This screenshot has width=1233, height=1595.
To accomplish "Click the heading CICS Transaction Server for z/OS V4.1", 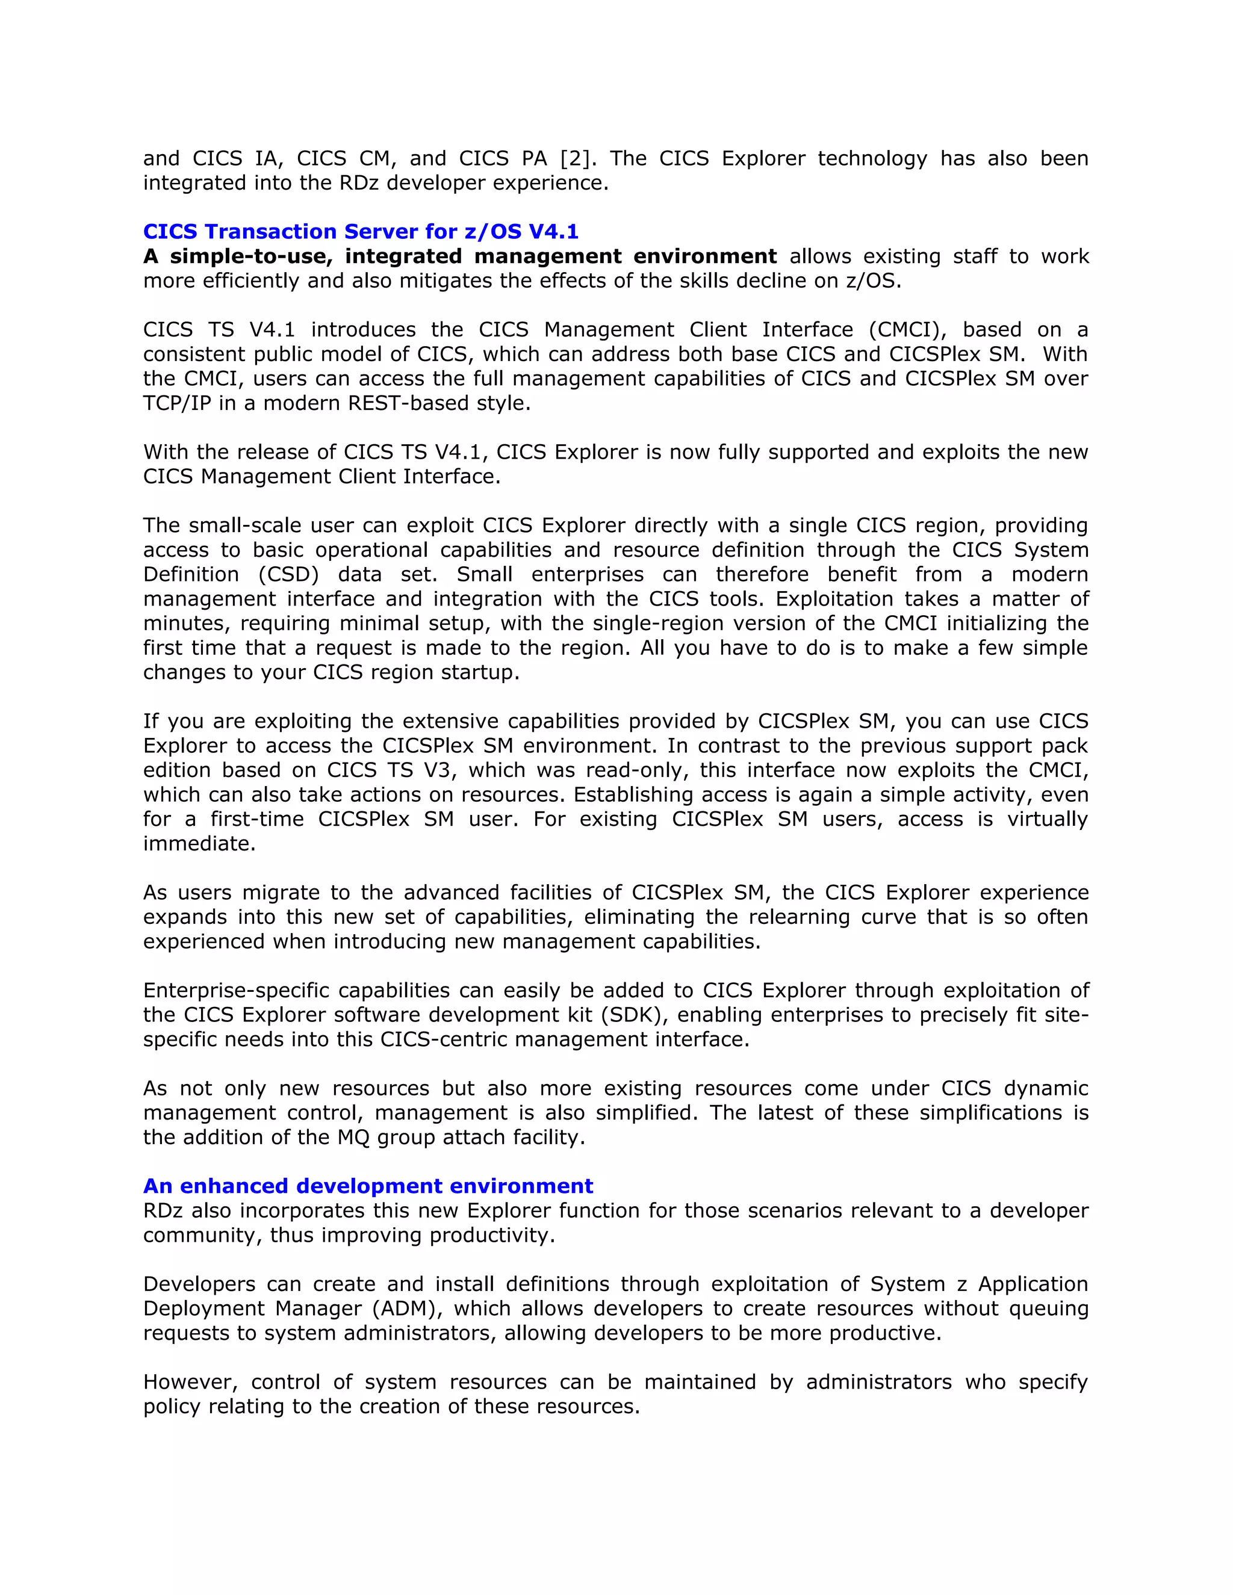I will point(360,232).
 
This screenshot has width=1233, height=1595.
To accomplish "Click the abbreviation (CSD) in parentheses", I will point(288,575).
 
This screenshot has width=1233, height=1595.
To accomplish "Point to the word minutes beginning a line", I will point(185,624).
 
